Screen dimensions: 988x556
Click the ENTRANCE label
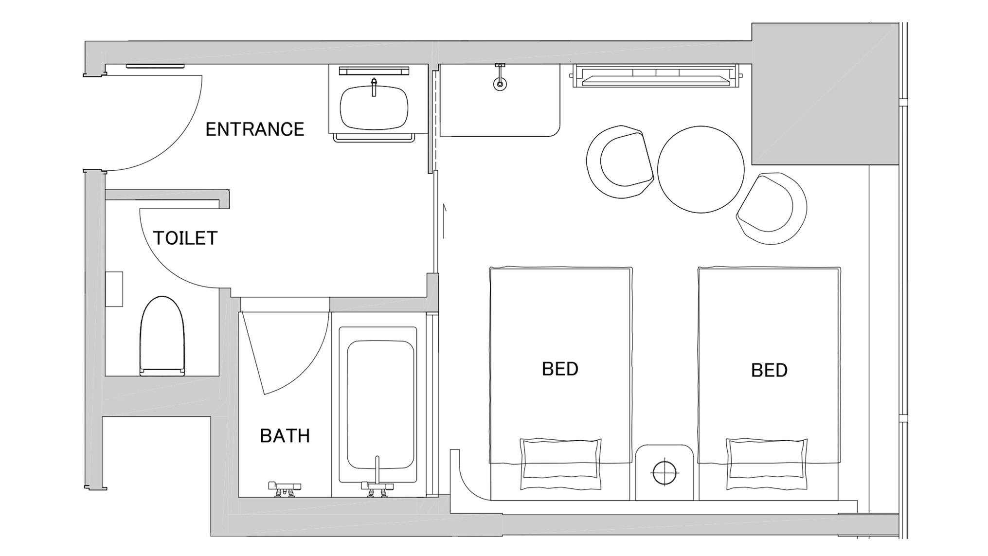254,129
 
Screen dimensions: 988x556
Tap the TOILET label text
185,238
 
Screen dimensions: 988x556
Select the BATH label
285,436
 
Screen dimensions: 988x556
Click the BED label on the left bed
560,369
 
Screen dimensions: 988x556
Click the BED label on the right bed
769,370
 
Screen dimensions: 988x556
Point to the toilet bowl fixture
162,336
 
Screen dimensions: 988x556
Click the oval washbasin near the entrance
374,108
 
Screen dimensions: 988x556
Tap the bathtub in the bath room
380,405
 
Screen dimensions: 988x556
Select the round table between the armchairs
701,169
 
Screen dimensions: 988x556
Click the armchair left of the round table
620,161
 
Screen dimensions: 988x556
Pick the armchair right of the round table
771,208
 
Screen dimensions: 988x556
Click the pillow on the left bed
560,464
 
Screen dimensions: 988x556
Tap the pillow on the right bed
767,464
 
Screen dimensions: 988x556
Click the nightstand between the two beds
665,472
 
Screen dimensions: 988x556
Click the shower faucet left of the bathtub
285,488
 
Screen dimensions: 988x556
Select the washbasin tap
374,87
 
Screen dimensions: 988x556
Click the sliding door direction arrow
444,221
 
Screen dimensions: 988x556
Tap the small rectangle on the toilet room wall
114,289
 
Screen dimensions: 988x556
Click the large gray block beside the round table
825,94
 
